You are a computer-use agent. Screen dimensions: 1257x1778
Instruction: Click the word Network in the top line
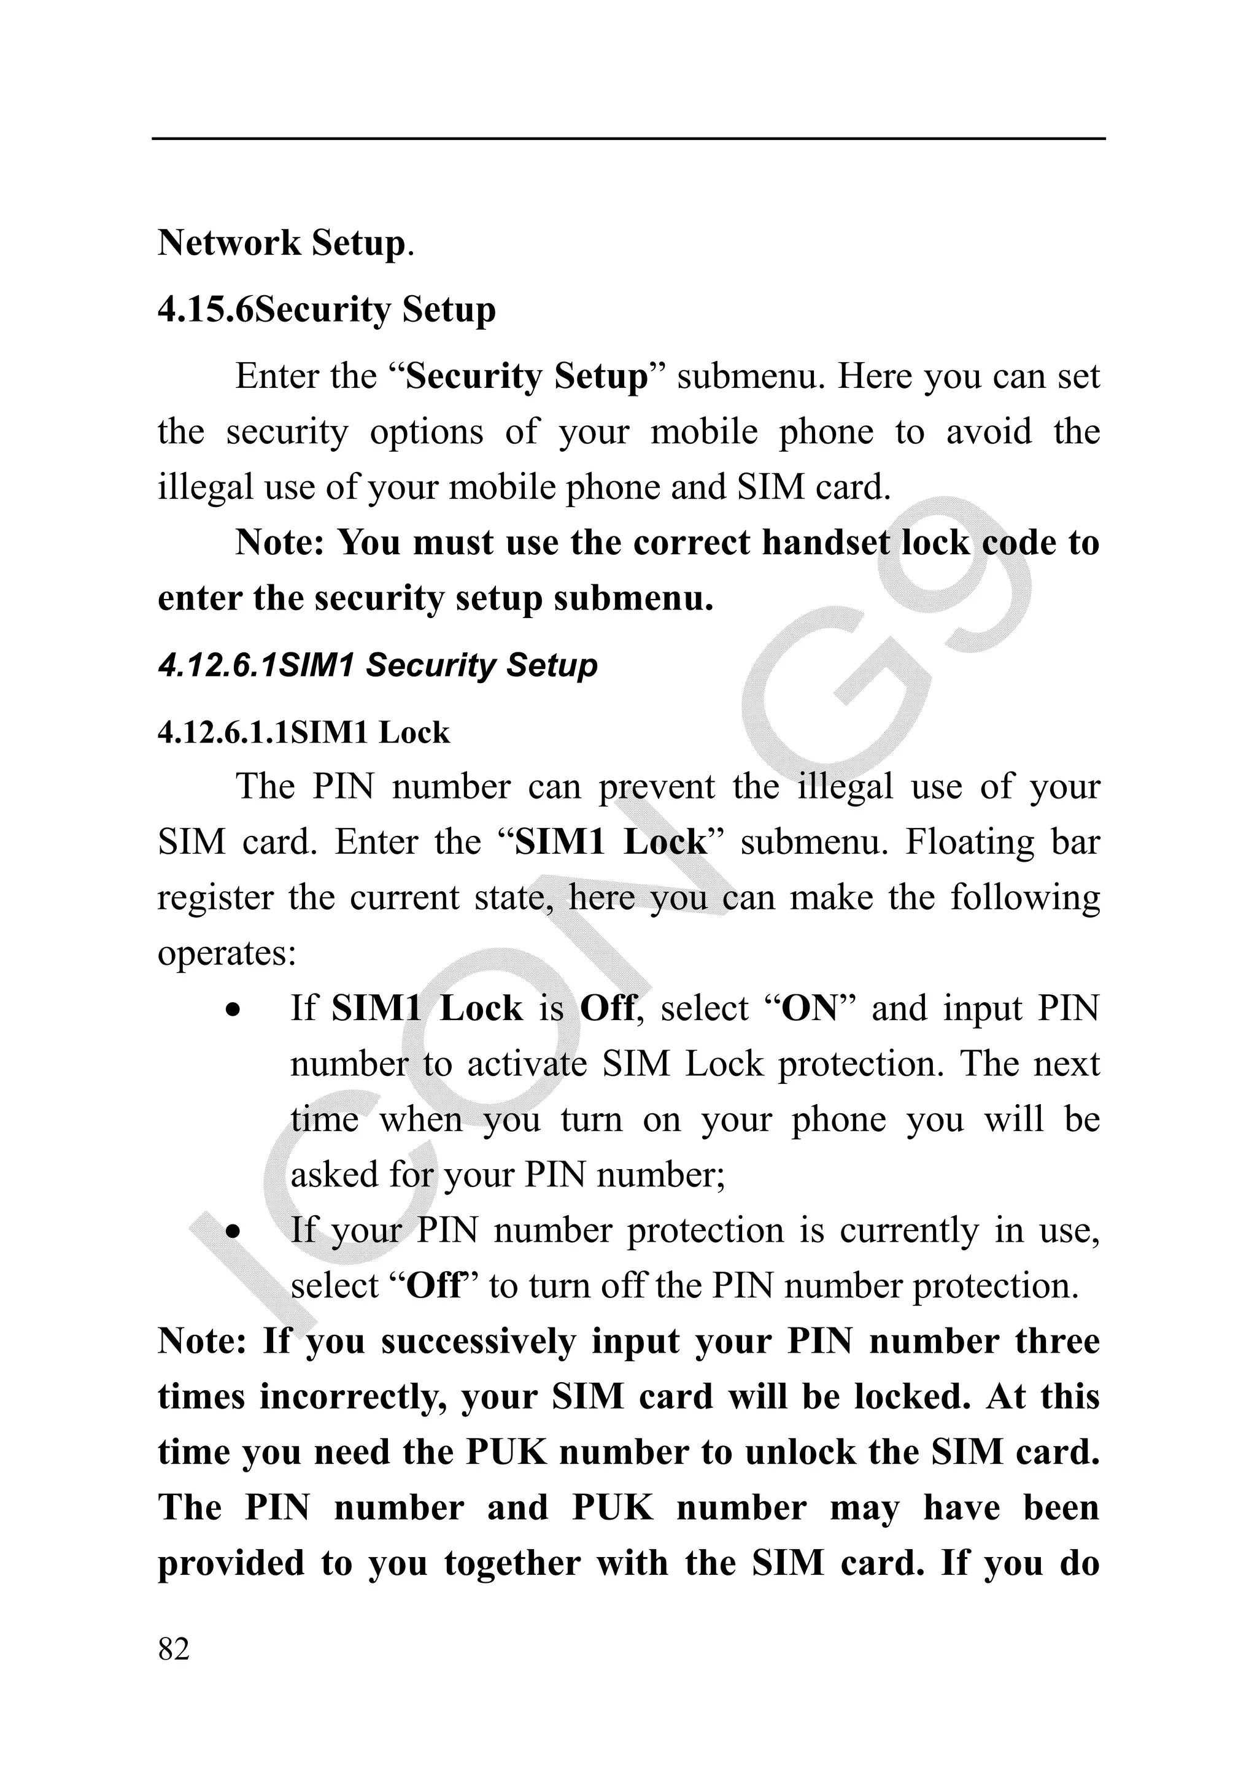pyautogui.click(x=228, y=243)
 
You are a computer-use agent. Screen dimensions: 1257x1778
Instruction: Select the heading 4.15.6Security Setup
pyautogui.click(x=326, y=310)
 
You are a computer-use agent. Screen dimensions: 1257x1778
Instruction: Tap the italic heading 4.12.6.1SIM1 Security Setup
pyautogui.click(x=377, y=665)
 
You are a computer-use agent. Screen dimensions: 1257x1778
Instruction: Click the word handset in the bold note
pyautogui.click(x=826, y=542)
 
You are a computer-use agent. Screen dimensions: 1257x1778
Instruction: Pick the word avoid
pyautogui.click(x=988, y=431)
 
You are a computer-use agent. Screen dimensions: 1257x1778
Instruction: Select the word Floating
pyautogui.click(x=970, y=842)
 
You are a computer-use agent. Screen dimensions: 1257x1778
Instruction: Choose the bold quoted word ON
pyautogui.click(x=810, y=1008)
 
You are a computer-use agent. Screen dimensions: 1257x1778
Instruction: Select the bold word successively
pyautogui.click(x=478, y=1342)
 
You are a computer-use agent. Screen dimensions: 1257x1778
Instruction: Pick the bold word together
pyautogui.click(x=512, y=1563)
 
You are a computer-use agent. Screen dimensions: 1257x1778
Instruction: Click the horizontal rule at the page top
pyautogui.click(x=628, y=139)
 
